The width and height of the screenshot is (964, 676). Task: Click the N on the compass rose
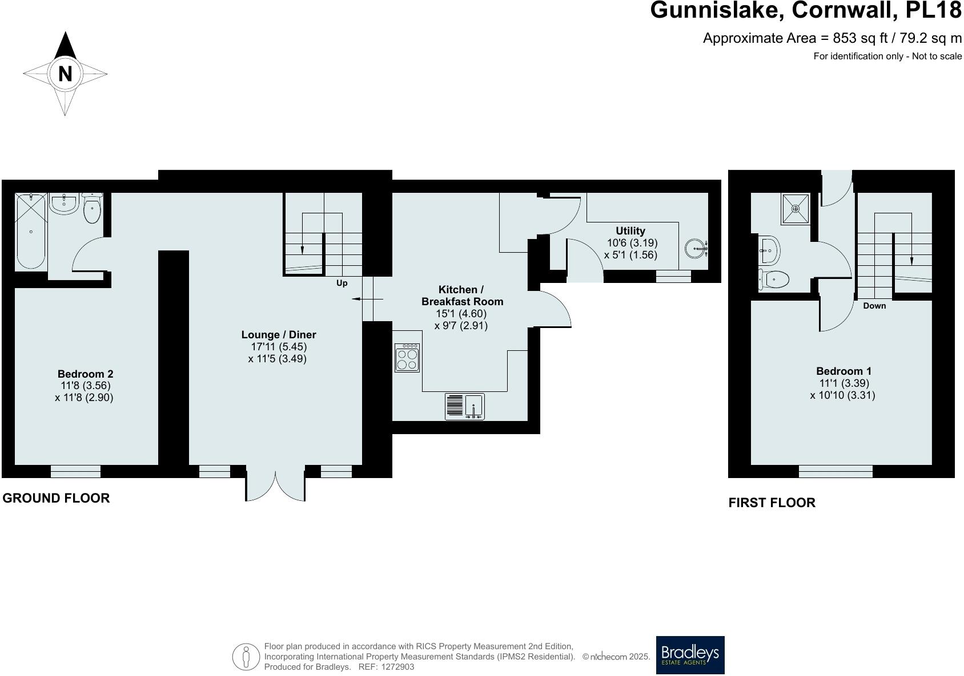(x=65, y=74)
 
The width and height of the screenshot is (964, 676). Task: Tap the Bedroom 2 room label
(x=86, y=374)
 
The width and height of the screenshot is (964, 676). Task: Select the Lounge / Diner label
(x=279, y=335)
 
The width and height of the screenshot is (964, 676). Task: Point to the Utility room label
(x=630, y=231)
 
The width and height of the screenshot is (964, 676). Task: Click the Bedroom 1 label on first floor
(x=843, y=371)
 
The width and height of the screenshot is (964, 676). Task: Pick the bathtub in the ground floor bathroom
(x=31, y=231)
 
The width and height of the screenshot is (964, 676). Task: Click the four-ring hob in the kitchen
(x=407, y=358)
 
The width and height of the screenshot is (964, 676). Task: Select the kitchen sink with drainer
(x=464, y=407)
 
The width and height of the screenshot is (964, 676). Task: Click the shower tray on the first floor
(x=795, y=209)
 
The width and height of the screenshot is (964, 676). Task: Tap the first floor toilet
(x=775, y=280)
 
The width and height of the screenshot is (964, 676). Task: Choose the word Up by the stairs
(x=342, y=283)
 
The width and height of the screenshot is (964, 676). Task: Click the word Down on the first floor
(x=874, y=306)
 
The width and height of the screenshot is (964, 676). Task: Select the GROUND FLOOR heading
(x=56, y=498)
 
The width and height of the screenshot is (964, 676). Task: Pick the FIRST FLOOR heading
(x=772, y=503)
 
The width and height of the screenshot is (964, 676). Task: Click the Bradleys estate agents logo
(x=690, y=655)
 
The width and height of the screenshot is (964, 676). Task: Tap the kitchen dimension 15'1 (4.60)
(x=461, y=313)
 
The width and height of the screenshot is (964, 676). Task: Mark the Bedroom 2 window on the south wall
(x=75, y=471)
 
